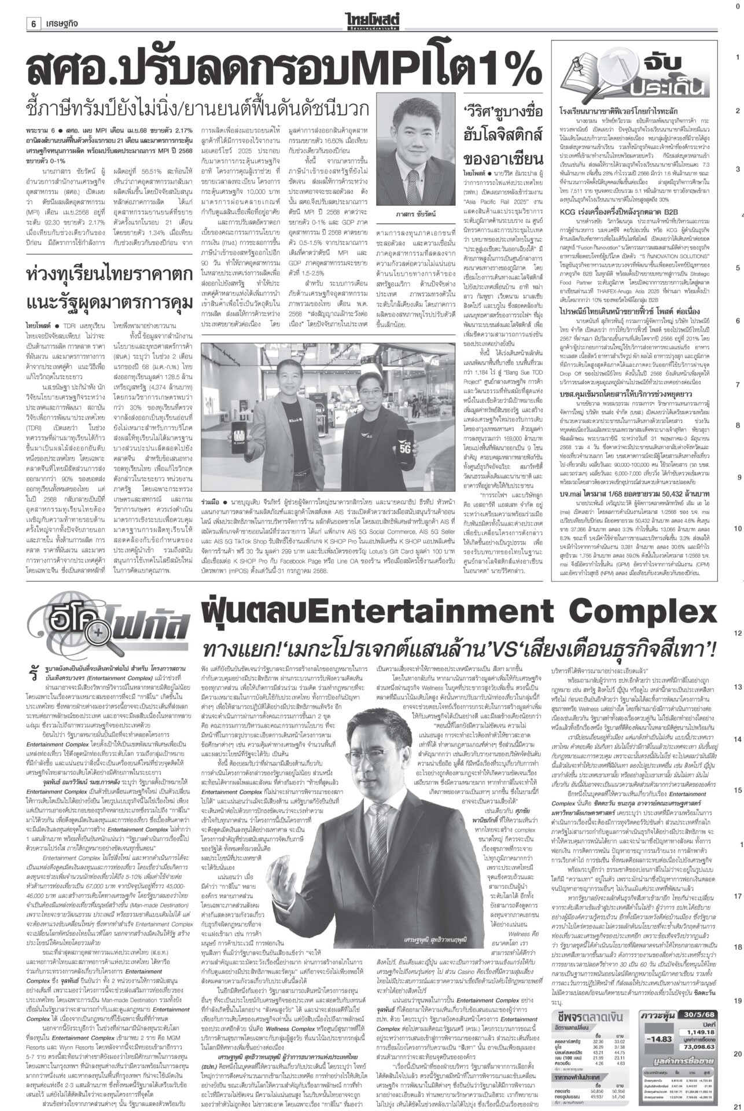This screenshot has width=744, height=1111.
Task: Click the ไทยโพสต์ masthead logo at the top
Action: [x=371, y=9]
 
